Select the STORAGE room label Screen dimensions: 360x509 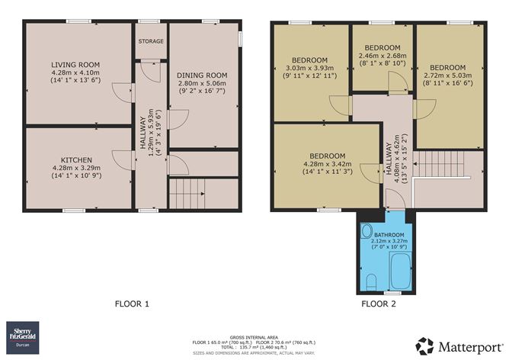(x=149, y=41)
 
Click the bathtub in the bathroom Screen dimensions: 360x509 (x=401, y=270)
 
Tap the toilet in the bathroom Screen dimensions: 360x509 (x=370, y=281)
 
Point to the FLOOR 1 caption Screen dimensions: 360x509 (x=132, y=304)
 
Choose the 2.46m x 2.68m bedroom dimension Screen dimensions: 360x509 (x=382, y=56)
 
